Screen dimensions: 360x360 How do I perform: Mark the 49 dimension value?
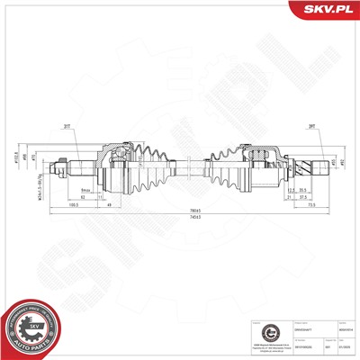(x=110, y=204)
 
